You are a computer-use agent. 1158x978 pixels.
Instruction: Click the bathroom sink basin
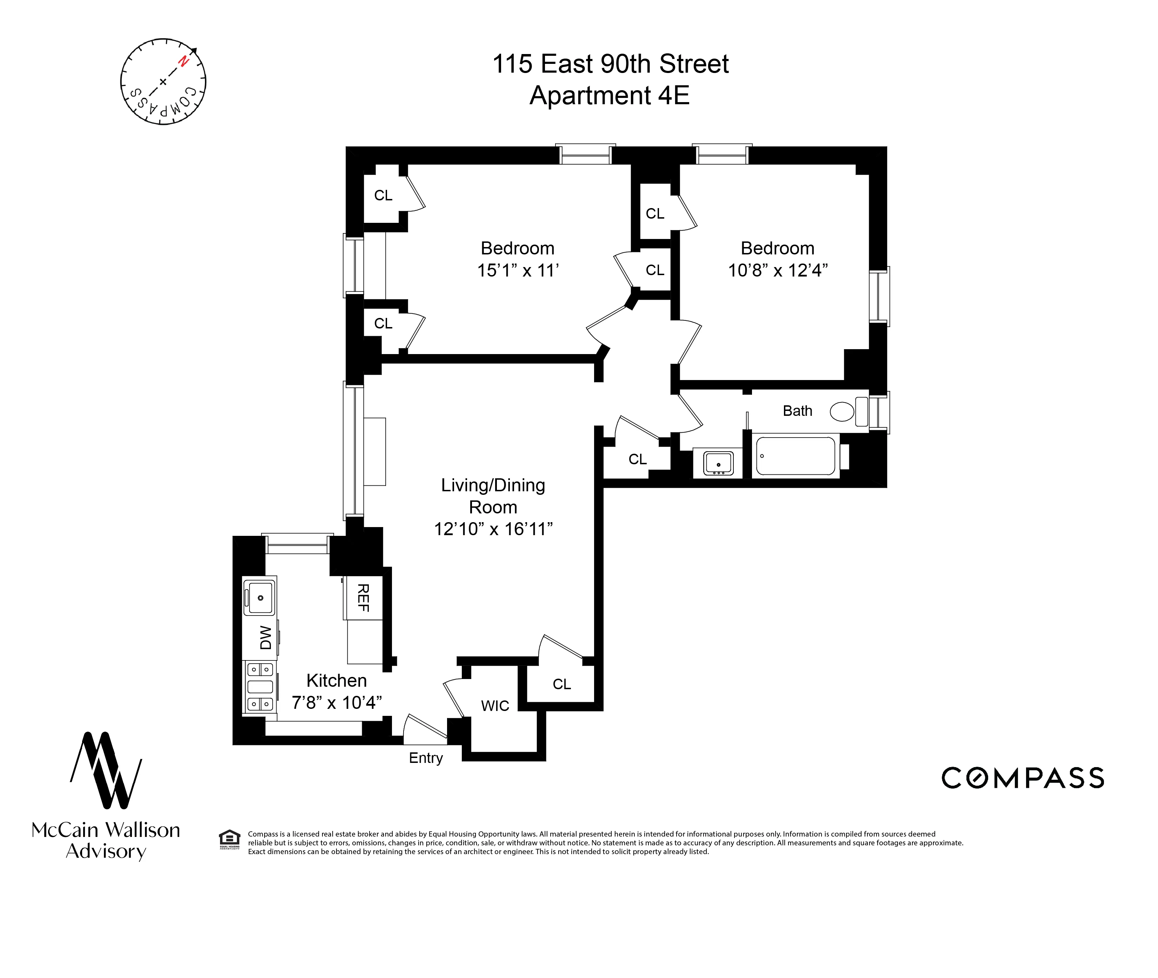(x=718, y=463)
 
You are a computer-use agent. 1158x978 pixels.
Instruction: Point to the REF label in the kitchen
(x=363, y=598)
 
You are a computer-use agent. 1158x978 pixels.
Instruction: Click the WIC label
(x=495, y=706)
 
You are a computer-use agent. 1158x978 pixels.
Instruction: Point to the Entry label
(x=426, y=758)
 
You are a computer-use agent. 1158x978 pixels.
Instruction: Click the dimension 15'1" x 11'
(x=518, y=271)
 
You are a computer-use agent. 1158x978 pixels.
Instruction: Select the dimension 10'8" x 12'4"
(x=777, y=271)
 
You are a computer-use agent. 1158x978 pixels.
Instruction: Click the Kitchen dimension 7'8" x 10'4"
(x=337, y=703)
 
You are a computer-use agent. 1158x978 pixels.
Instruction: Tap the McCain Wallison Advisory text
(x=106, y=840)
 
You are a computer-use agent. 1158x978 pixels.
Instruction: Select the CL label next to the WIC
(x=561, y=684)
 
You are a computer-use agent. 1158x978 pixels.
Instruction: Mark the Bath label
(x=797, y=411)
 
